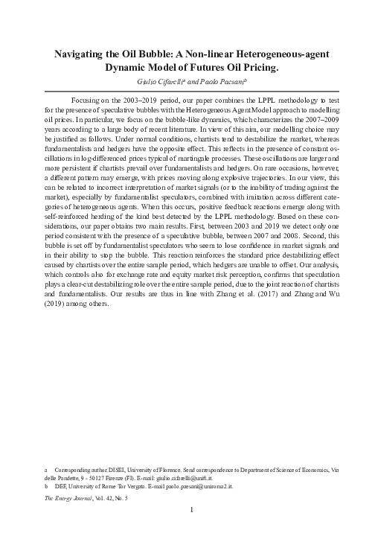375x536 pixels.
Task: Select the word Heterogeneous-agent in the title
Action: tap(279, 54)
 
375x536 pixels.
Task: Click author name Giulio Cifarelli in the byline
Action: tap(160, 82)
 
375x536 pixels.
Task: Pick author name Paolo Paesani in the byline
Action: tap(231, 82)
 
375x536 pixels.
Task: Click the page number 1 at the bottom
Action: tap(192, 511)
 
